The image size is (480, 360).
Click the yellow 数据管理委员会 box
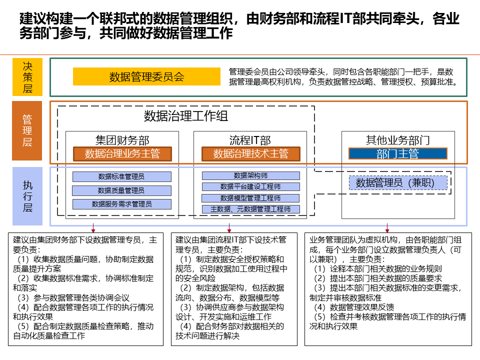click(146, 76)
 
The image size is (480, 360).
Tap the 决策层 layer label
click(27, 76)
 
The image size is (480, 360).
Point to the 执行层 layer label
click(27, 196)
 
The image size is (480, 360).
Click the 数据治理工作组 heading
click(186, 116)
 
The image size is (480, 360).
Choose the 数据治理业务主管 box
click(122, 153)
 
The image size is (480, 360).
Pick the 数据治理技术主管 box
click(250, 153)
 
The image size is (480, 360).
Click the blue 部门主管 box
click(397, 154)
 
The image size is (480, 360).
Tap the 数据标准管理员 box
click(121, 176)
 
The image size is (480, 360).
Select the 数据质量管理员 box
click(121, 190)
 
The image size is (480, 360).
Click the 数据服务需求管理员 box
click(121, 204)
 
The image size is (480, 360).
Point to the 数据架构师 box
click(250, 175)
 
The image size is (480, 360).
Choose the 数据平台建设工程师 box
click(250, 186)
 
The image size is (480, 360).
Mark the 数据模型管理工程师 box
click(250, 198)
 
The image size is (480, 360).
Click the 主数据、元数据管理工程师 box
click(250, 209)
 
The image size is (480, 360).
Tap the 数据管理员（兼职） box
click(398, 183)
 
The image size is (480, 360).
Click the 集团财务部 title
click(122, 140)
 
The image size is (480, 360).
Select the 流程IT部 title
click(250, 140)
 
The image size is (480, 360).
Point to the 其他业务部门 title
click(397, 140)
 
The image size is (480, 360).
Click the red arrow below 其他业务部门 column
click(387, 226)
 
